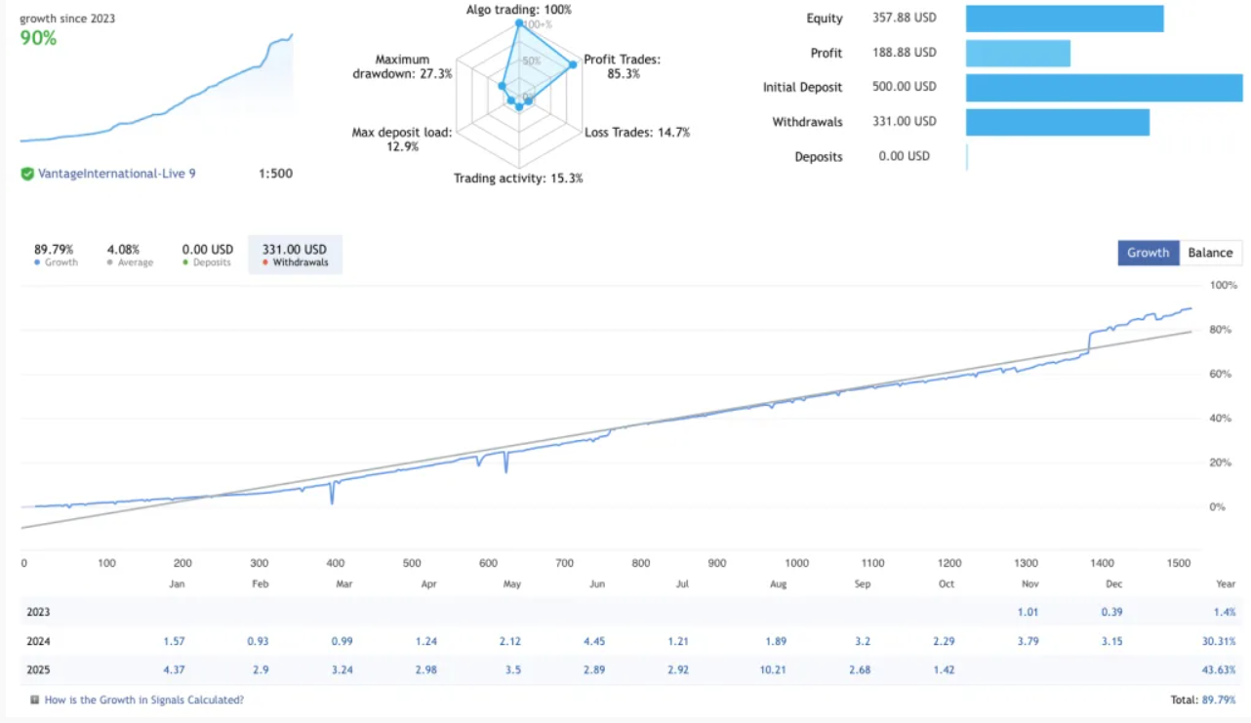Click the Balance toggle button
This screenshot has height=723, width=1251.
click(x=1210, y=253)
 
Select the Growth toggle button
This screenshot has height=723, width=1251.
click(x=1148, y=253)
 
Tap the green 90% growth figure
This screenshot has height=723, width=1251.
click(x=39, y=38)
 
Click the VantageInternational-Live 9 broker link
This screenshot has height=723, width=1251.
click(x=116, y=174)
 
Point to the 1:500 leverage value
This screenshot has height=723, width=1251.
click(x=275, y=174)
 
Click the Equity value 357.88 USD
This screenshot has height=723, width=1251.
click(x=905, y=19)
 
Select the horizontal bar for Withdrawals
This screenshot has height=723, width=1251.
click(x=1058, y=122)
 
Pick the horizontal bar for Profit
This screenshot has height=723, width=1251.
click(x=1018, y=53)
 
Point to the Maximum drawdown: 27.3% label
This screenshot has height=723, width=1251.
click(x=402, y=67)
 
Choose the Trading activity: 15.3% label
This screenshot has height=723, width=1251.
click(x=518, y=179)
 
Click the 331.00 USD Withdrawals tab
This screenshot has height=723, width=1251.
click(x=295, y=255)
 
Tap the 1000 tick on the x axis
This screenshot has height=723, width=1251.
click(x=796, y=563)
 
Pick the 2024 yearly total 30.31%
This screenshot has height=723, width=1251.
click(x=1216, y=641)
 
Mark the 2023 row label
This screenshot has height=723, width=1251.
click(x=38, y=612)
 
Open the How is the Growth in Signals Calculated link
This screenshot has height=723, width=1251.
click(x=144, y=700)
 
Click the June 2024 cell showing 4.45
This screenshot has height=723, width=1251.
click(x=597, y=641)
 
